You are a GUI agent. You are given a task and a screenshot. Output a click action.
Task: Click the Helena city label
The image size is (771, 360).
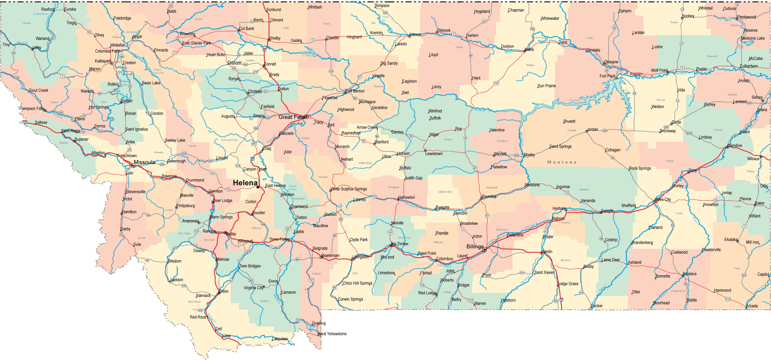coord(245,183)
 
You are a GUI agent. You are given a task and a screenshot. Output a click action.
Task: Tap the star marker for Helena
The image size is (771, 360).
coord(258,187)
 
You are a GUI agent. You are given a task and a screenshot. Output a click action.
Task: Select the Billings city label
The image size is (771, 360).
coord(475,247)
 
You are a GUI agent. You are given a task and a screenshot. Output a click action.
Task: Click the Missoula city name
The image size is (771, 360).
coord(144,162)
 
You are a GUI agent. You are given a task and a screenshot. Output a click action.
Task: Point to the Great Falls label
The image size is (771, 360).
coord(291,117)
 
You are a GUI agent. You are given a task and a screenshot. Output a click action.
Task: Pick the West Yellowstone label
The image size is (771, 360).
coord(332,334)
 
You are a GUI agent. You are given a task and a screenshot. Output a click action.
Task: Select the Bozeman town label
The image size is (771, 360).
coord(330,255)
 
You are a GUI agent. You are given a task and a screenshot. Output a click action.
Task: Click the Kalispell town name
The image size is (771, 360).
coord(103,61)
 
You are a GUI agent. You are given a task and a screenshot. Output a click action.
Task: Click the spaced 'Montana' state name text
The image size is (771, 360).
coord(561,162)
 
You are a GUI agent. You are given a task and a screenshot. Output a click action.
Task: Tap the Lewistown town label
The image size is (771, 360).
coord(434,153)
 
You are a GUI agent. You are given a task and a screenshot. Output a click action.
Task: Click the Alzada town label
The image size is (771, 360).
coord(752,306)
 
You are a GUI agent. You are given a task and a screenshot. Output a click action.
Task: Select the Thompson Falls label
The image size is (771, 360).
coord(31,108)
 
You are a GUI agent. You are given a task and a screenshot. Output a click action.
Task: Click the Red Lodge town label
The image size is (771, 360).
coord(427,293)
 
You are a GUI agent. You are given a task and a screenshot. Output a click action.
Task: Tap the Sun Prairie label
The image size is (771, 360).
coord(547,86)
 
